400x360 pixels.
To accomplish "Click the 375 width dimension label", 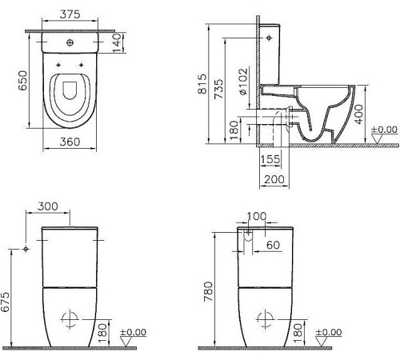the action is coord(70,14).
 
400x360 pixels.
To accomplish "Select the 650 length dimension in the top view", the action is coord(23,80).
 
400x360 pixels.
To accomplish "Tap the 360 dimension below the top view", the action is coord(70,142).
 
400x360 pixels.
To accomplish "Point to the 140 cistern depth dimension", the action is coord(117,42).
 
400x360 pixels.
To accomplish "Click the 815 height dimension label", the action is coord(202,84).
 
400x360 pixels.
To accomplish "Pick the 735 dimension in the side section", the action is coord(218,89).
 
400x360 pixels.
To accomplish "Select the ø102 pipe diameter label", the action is coord(243,82).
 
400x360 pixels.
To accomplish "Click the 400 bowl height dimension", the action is coord(359,114).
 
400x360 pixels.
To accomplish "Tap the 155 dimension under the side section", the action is coord(270,159).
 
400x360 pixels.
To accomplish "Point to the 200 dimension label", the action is coord(274,179).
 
